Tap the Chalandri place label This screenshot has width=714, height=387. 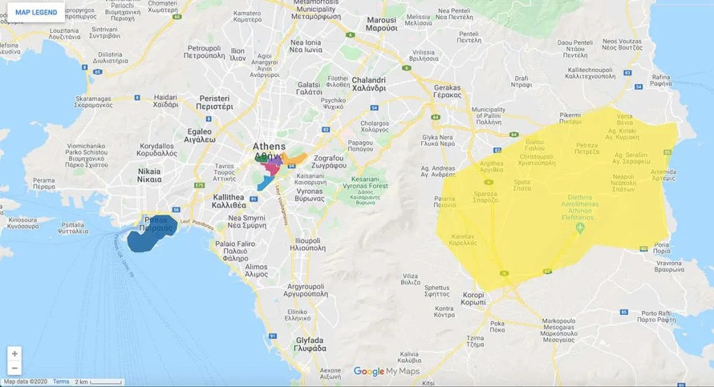[x=369, y=84]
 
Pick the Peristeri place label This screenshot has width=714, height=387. [x=215, y=103]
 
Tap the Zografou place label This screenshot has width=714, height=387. [x=331, y=163]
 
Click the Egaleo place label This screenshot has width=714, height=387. [x=199, y=135]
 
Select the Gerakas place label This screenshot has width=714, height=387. [x=448, y=92]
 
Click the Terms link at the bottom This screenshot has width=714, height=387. [x=61, y=381]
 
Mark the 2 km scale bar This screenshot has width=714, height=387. [x=98, y=382]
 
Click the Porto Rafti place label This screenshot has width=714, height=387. [x=656, y=316]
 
